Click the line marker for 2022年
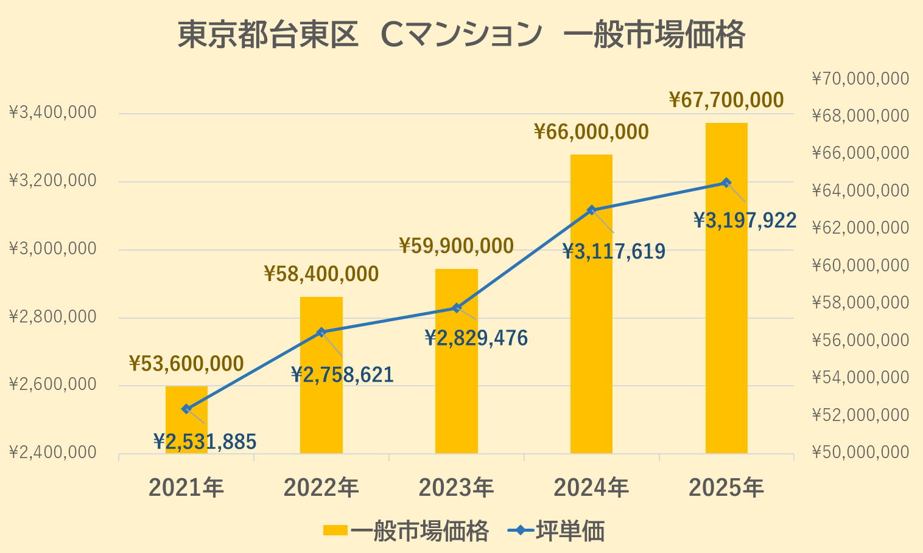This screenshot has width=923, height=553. tap(321, 332)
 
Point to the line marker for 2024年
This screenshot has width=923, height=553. tap(592, 210)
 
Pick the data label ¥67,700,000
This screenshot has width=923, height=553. tap(726, 100)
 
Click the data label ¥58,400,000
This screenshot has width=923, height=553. tap(321, 274)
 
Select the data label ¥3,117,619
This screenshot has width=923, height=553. tap(614, 251)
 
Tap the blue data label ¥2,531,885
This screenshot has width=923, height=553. tap(205, 442)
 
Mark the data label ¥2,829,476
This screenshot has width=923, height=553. tap(476, 338)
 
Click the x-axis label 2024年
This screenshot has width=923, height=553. tap(591, 488)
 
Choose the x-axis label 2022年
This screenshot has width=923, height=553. tap(321, 488)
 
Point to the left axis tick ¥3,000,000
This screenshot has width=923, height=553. tap(53, 249)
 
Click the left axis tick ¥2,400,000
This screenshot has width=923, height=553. tap(53, 453)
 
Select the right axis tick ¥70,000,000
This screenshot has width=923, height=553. tap(860, 78)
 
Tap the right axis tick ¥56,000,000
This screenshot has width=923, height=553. tap(860, 340)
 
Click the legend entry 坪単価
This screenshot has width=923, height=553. tap(570, 531)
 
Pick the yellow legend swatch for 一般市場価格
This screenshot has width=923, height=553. tap(335, 530)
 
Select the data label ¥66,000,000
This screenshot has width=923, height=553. tap(591, 132)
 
